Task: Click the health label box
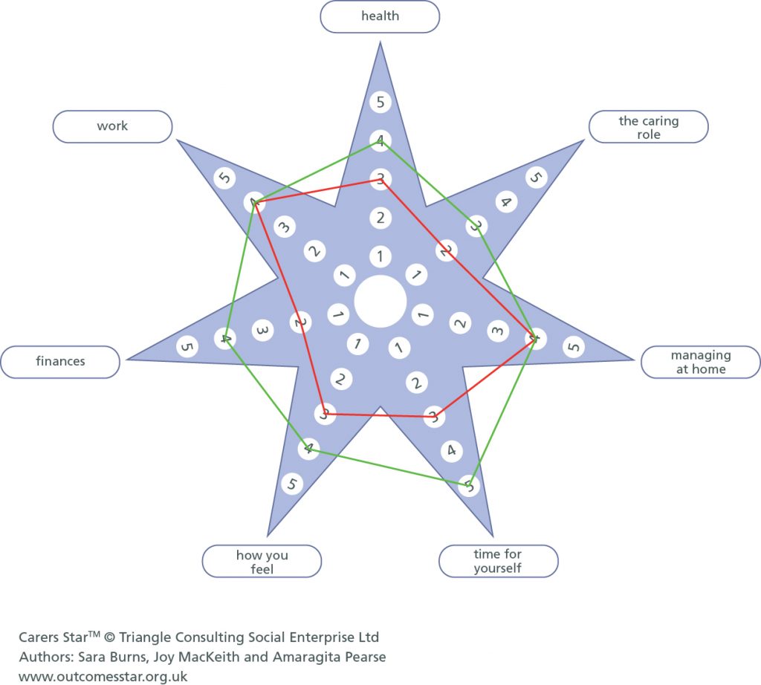380,16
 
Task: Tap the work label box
112,126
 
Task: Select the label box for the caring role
648,127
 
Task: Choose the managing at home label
701,362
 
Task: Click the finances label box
60,362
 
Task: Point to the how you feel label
262,562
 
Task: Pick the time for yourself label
498,561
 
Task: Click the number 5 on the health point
380,102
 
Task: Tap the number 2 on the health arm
380,218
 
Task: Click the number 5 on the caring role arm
536,178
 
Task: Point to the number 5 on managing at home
573,346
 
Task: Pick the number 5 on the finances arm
187,346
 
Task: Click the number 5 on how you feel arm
292,484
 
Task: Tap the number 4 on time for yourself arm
450,450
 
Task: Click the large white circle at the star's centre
380,301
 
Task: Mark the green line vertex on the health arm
380,140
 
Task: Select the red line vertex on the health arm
380,179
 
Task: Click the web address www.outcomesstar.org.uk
103,676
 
